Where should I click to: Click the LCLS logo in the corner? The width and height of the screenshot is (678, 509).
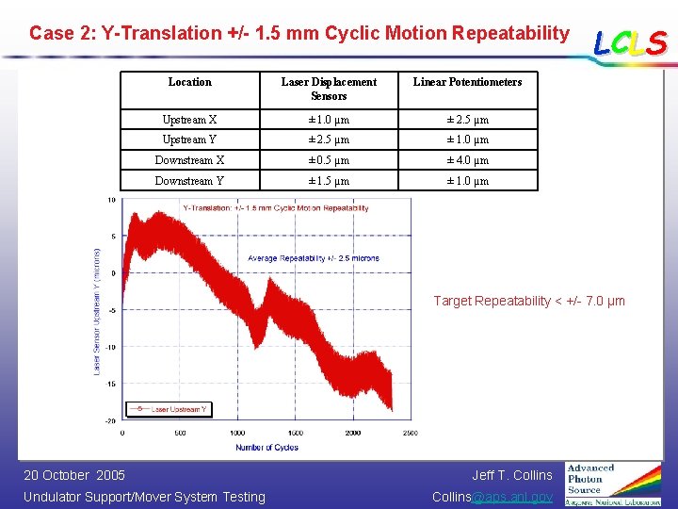(x=630, y=42)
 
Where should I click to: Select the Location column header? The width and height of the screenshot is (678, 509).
(x=189, y=82)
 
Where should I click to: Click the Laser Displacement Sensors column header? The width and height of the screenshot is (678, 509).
(x=329, y=89)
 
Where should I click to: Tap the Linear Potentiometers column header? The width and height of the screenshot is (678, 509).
(x=467, y=82)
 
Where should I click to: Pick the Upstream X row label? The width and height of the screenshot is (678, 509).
(x=189, y=120)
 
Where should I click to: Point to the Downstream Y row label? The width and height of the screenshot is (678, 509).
(x=189, y=181)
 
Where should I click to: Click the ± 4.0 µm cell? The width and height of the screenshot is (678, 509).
(x=467, y=160)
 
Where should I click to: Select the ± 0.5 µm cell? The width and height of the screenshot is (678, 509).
(x=329, y=160)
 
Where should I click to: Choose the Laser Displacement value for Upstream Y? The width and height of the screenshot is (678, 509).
(x=329, y=140)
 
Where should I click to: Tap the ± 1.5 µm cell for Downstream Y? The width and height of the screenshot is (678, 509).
(x=329, y=181)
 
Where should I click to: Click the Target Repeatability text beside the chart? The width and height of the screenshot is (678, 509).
(x=528, y=301)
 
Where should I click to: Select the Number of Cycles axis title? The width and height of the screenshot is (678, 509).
(x=268, y=447)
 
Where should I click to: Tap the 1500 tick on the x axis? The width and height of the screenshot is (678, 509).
(x=295, y=434)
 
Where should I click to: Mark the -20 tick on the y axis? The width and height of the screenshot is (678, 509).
(x=110, y=421)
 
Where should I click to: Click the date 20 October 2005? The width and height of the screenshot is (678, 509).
(x=74, y=475)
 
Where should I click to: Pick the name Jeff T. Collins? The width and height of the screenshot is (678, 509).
(x=512, y=475)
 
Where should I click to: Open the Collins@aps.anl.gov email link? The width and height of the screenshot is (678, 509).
(x=492, y=497)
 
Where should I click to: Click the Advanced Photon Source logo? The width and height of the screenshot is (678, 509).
(x=613, y=484)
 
